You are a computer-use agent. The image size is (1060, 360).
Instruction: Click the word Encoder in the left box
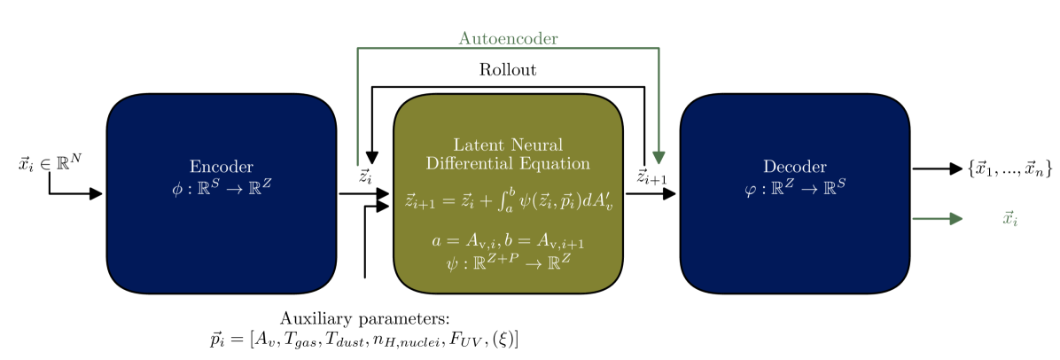(222, 167)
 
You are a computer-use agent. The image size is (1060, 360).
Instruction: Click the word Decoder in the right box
(794, 167)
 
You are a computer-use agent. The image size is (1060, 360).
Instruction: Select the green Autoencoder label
(508, 39)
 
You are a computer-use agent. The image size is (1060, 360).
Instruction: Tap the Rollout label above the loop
(508, 69)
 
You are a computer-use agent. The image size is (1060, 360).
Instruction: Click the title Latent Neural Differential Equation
(508, 153)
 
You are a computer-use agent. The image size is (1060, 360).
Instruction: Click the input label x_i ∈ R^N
(51, 164)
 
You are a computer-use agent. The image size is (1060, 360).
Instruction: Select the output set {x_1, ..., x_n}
(1009, 168)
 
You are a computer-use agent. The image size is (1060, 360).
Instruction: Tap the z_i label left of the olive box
(364, 176)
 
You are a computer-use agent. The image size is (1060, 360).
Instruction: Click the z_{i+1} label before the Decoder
(653, 176)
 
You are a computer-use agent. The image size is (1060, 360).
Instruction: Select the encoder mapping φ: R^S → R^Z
(222, 186)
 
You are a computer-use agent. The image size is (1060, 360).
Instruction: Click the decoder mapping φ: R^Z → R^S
(794, 186)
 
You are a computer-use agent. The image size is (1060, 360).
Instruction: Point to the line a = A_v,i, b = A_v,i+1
(508, 241)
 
